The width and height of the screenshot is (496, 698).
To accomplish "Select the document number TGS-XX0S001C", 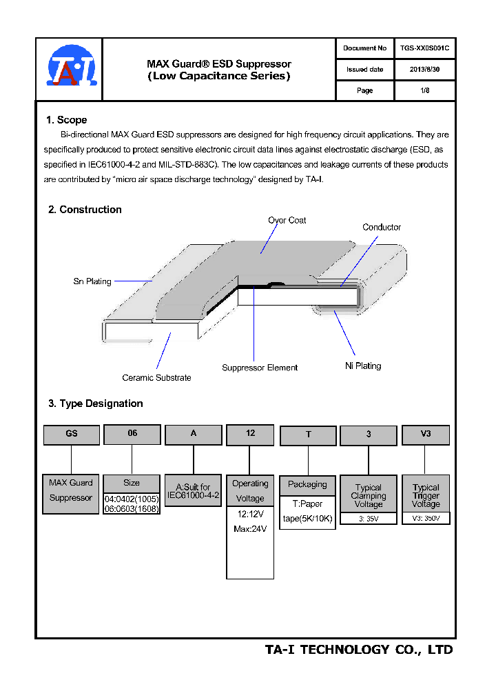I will (x=424, y=48).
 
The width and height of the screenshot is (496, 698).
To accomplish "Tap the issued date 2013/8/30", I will (x=424, y=70).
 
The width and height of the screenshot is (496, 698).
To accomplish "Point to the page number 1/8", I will (x=424, y=90).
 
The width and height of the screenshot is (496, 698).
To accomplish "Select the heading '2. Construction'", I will (x=85, y=210).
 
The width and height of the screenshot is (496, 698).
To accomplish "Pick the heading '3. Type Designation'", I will (x=96, y=403).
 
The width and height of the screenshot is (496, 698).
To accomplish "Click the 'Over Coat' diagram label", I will (x=287, y=221).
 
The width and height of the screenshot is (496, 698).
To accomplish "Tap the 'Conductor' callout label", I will (x=382, y=228).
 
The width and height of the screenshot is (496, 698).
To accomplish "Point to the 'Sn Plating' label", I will (x=92, y=281).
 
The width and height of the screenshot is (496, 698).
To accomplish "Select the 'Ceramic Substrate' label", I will (x=156, y=378).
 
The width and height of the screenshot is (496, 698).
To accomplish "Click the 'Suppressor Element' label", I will (x=260, y=368).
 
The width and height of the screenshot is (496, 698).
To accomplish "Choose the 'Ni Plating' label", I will (x=363, y=366).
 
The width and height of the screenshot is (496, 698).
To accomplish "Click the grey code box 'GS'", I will (x=72, y=435).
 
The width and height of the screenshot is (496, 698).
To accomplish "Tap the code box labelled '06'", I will (x=132, y=434).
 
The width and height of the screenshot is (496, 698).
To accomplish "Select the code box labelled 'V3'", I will (x=426, y=435).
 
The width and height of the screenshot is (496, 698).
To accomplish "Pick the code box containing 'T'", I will (x=308, y=435).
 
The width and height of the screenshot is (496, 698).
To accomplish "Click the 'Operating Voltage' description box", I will (x=250, y=491).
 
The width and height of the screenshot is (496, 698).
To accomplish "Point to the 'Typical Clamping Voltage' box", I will (x=369, y=495).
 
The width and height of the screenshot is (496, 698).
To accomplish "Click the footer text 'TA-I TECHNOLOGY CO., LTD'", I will (x=359, y=650).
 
